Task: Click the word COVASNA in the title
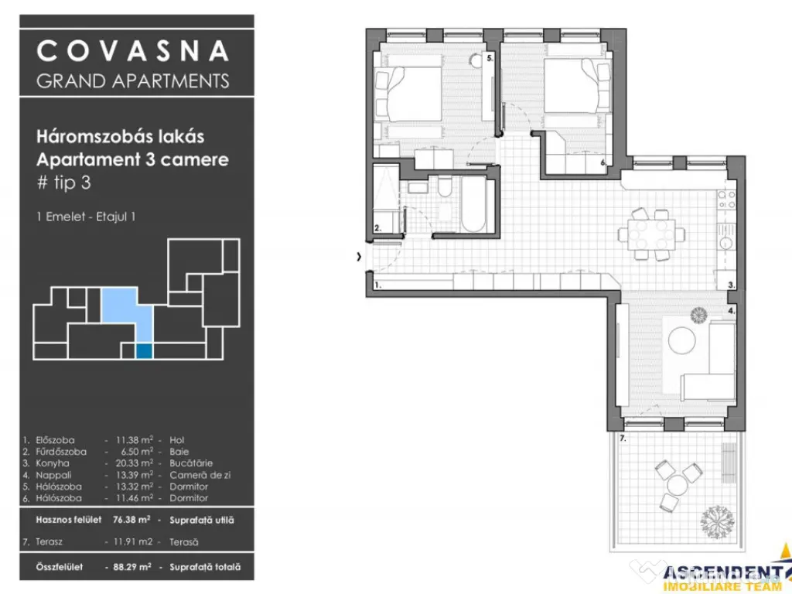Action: pos(133,51)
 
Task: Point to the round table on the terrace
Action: pos(678,485)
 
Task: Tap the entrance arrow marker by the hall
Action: pos(359,257)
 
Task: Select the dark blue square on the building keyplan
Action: pos(144,350)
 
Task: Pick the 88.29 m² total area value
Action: pos(130,567)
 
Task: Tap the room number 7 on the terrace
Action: pos(623,438)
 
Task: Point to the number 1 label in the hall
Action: pos(377,285)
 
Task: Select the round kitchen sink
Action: pos(727,242)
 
